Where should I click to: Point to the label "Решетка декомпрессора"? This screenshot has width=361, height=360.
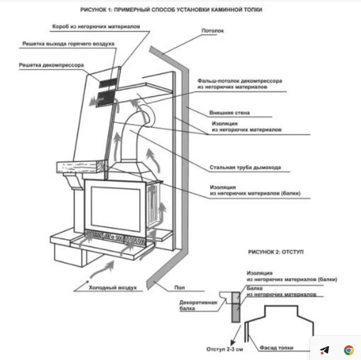[51, 65]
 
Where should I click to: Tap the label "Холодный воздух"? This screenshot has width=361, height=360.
[109, 288]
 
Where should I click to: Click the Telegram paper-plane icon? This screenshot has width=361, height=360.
[325, 349]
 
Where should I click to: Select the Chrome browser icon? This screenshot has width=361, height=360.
[348, 349]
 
